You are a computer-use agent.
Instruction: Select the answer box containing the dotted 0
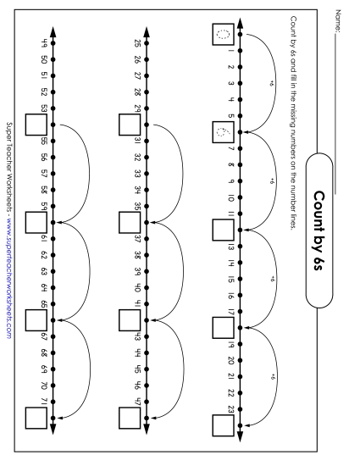point(223,36)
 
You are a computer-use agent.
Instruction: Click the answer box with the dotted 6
point(223,133)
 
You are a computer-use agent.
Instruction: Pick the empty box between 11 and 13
point(223,230)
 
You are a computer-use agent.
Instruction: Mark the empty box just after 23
point(223,424)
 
